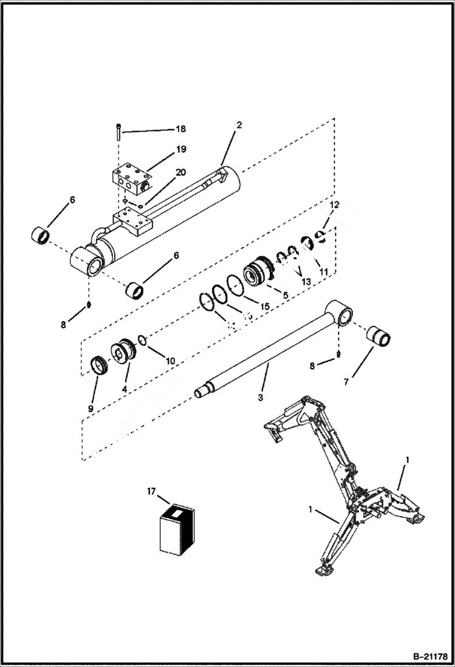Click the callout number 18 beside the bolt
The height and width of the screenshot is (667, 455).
[x=180, y=129]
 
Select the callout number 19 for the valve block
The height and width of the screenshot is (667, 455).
[x=181, y=149]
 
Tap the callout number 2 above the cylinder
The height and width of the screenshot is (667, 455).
[x=239, y=125]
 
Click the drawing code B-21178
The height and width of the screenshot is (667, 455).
[x=425, y=657]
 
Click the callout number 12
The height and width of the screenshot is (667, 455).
[x=334, y=206]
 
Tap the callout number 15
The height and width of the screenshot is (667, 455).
[x=264, y=307]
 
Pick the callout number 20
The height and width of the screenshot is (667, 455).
[x=180, y=172]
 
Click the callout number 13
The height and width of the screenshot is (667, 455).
[x=305, y=281]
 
